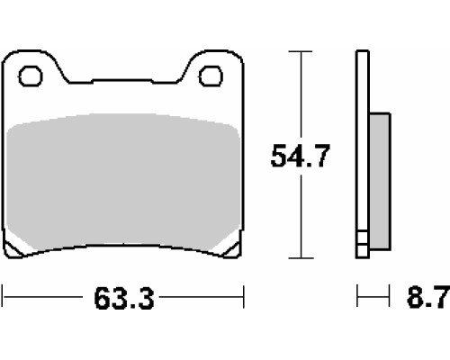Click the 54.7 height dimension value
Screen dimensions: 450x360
coord(300,156)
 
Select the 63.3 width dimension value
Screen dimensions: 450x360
coord(124,298)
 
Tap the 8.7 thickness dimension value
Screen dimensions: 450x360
coord(428,297)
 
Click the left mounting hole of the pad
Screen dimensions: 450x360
coord(31,76)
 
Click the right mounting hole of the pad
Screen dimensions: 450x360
coord(211,76)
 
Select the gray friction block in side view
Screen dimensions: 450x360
coord(380,181)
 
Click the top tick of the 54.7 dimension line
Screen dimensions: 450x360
coord(301,51)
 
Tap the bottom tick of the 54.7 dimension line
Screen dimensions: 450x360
coord(301,257)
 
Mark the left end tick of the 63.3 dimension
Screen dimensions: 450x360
coord(3,297)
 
